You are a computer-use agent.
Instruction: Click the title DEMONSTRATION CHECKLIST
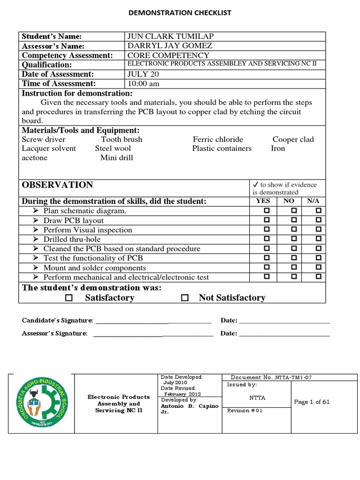180,13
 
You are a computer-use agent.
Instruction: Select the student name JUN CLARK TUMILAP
167,37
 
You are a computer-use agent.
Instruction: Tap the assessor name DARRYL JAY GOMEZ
170,46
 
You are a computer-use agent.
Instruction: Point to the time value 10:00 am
143,83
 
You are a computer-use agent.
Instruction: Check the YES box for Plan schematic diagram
267,211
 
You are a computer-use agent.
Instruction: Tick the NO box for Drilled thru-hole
293,239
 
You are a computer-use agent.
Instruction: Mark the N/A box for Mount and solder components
318,268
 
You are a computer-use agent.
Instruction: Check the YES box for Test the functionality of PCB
267,258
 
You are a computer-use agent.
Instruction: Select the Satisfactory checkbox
69,298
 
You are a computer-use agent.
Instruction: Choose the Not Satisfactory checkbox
185,298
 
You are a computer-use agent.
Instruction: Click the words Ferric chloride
217,139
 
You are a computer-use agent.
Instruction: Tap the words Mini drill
116,158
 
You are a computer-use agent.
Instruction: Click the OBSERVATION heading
57,185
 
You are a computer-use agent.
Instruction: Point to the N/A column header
313,201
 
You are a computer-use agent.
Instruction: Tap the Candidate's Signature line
153,322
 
